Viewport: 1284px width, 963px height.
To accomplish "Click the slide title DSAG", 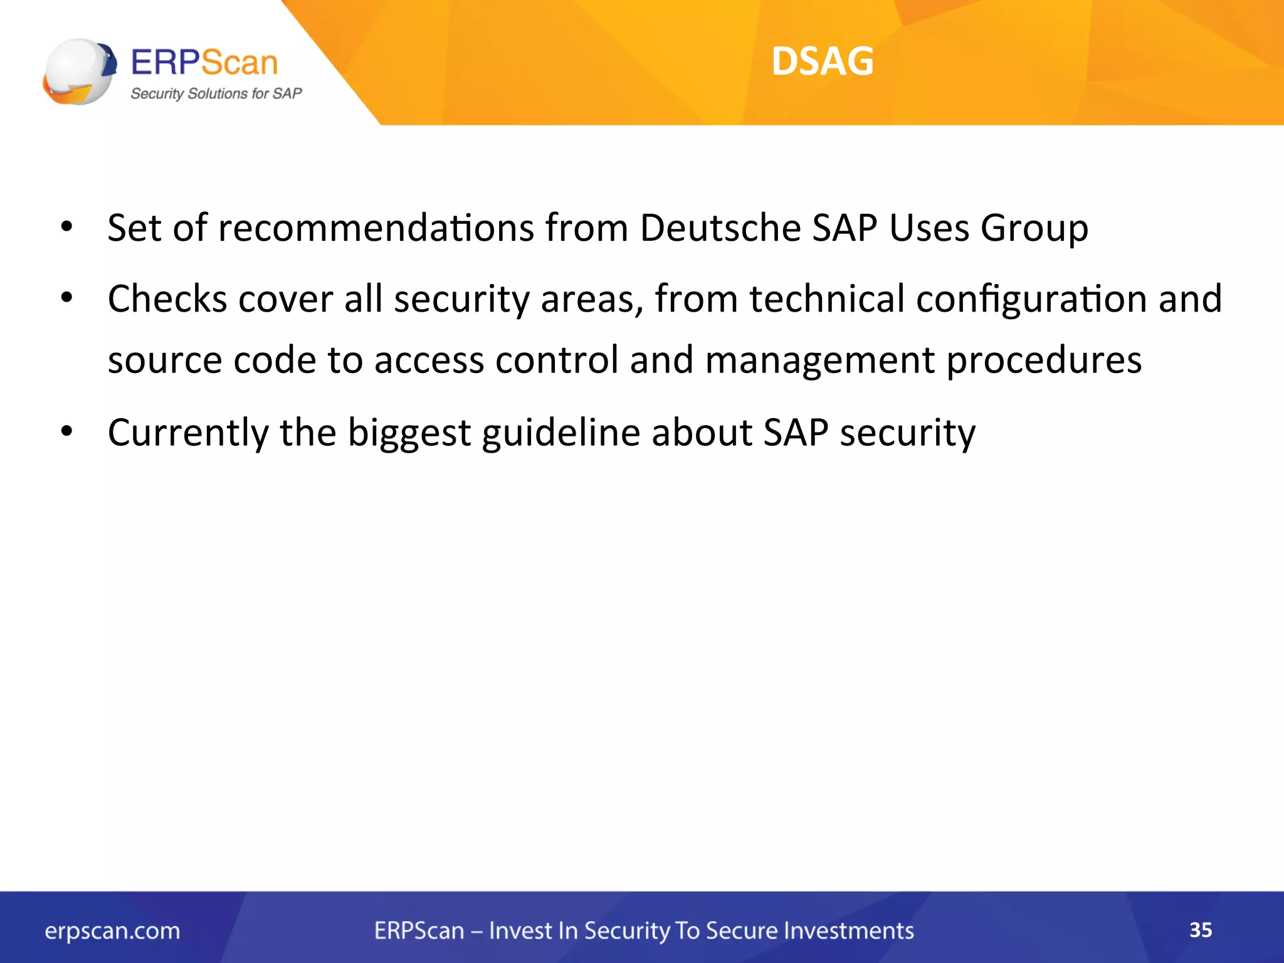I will (x=822, y=61).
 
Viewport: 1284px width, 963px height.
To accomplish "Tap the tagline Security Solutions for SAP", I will (x=216, y=93).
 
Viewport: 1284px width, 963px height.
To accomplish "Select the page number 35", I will (x=1201, y=930).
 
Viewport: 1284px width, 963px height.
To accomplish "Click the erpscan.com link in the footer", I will (x=112, y=931).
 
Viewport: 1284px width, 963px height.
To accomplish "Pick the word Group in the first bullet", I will (x=1034, y=228).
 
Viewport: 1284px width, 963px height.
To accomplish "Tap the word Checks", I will (x=167, y=298).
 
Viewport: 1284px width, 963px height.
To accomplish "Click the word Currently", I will (x=188, y=433).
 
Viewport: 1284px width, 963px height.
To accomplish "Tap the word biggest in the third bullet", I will (x=409, y=433).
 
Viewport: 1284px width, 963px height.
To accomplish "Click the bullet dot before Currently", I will (x=67, y=431).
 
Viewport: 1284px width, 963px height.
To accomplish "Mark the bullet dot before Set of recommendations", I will (x=67, y=226).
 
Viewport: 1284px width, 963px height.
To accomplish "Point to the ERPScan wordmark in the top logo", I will (x=204, y=63).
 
